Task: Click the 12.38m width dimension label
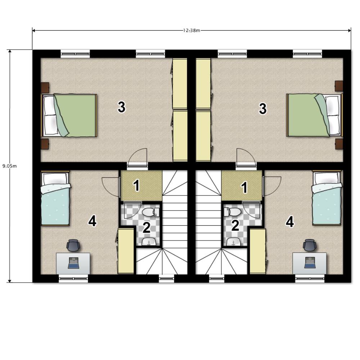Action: [192, 30]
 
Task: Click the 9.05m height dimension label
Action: [9, 166]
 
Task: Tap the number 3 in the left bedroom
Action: [121, 107]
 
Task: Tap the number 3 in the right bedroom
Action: [263, 109]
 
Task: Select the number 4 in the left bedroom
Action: [92, 221]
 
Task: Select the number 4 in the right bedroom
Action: [290, 222]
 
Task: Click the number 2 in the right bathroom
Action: [235, 225]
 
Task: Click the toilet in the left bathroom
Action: [150, 212]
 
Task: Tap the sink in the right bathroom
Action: [233, 242]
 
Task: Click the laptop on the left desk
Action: [73, 263]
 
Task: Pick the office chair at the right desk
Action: [310, 245]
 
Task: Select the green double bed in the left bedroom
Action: [69, 115]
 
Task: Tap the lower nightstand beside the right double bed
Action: [339, 144]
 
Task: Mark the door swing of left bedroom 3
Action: [137, 157]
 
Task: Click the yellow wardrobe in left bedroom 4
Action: [126, 251]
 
